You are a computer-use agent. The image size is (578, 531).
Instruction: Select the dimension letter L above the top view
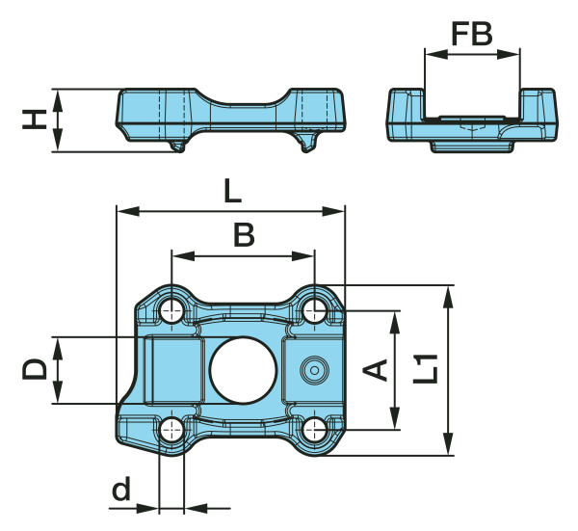click(231, 191)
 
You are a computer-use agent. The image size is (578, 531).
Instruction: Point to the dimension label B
click(245, 234)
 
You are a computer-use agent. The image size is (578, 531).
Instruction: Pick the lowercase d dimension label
click(120, 490)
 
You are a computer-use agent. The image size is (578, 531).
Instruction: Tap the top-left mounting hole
click(172, 309)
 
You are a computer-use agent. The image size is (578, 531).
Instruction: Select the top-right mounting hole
click(314, 309)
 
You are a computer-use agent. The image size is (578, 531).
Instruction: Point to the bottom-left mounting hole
click(172, 429)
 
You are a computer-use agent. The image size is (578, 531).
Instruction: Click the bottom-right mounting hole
click(314, 429)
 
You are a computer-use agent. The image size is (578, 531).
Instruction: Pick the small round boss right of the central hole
click(313, 369)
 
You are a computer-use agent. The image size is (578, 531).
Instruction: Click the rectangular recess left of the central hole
click(173, 371)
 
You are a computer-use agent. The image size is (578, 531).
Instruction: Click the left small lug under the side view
click(176, 145)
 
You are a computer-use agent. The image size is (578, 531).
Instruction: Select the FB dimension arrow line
click(472, 54)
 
